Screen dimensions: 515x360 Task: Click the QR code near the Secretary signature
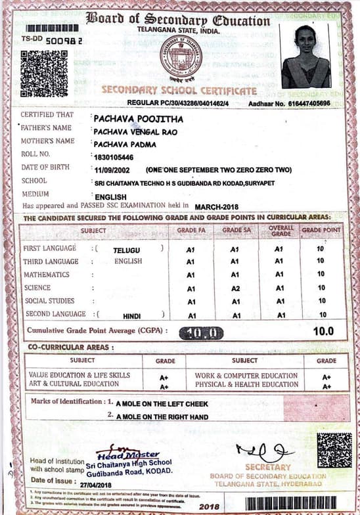pos(334,450)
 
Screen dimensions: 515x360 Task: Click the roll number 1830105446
pos(114,157)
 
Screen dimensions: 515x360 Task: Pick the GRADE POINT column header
pos(321,231)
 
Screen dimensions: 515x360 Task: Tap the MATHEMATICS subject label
pos(45,275)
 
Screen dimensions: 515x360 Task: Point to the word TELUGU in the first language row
pos(126,250)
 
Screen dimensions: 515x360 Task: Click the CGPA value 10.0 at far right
pos(323,332)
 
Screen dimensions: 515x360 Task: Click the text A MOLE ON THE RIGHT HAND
pos(162,416)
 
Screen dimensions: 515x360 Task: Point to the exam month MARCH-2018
pos(219,206)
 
